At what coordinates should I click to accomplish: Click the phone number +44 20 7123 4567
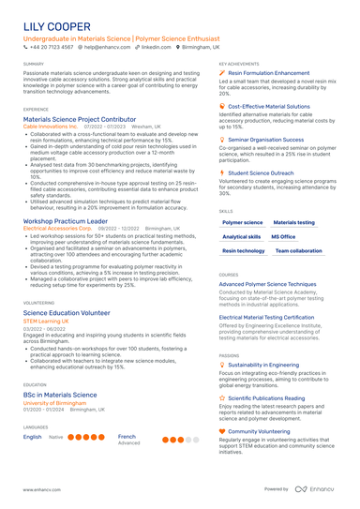coord(51,46)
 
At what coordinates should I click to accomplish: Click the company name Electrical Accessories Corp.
coord(57,228)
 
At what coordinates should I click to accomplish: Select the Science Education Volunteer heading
coord(67,312)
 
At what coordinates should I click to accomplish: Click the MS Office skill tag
coord(283,237)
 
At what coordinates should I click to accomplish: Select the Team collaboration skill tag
coord(299,251)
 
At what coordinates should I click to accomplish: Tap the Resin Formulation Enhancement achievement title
coord(269,72)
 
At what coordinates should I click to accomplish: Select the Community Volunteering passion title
coord(265,431)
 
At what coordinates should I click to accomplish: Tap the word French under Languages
coord(127,436)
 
